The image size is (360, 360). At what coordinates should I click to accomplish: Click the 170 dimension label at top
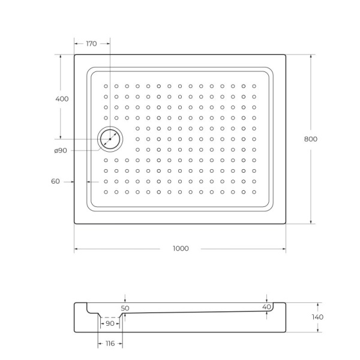[92, 43]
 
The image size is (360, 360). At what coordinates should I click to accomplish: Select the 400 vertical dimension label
[61, 98]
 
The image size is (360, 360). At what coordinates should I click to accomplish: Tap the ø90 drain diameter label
[60, 151]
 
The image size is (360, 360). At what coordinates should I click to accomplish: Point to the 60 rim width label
[55, 181]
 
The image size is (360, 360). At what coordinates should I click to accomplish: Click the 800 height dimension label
[311, 139]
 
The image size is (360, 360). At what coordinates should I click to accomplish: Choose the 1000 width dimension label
[180, 248]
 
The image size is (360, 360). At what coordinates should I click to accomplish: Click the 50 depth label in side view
[125, 308]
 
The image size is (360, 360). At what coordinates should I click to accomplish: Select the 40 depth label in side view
[266, 307]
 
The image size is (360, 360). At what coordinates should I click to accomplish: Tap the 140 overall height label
[317, 317]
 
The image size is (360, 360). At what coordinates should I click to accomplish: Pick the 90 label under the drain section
[110, 324]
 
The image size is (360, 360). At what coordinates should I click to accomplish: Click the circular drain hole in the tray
[110, 139]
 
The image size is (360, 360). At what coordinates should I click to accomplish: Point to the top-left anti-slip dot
[106, 86]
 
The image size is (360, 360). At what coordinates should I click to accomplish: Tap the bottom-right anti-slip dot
[254, 192]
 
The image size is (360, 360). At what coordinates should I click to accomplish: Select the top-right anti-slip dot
[254, 86]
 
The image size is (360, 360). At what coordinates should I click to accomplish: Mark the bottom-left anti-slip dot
[106, 192]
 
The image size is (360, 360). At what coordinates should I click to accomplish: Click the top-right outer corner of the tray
[286, 55]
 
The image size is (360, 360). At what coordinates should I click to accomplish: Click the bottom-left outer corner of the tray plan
[74, 224]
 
